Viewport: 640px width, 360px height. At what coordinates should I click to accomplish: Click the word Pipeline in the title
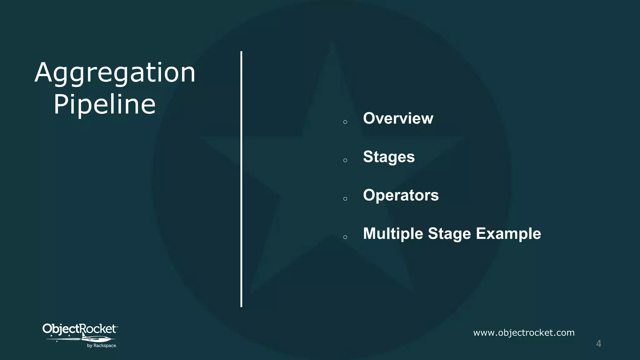pos(104,104)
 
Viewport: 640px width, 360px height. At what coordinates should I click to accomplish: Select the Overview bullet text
pos(398,118)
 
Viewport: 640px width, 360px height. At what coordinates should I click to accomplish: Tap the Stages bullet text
pos(389,157)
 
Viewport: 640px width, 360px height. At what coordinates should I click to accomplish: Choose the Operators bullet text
pos(401,195)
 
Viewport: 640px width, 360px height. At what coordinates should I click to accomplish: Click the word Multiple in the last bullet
pos(393,234)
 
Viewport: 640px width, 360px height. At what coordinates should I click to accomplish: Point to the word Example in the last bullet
pos(508,234)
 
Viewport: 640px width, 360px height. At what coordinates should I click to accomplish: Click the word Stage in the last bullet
pos(449,234)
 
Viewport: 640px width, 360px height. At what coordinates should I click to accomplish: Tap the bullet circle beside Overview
pos(345,122)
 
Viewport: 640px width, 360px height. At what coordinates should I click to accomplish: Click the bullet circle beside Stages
pos(345,160)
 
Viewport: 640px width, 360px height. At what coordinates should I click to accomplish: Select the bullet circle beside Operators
pos(345,199)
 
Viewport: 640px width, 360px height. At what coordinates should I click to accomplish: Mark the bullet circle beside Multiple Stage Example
pos(345,237)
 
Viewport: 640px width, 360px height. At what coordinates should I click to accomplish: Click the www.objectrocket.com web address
pos(524,332)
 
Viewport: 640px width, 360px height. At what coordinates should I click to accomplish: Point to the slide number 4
pos(598,343)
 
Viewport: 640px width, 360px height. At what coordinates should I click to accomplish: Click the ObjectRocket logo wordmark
pos(79,329)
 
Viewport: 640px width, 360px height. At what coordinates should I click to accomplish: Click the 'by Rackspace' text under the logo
pos(102,346)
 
